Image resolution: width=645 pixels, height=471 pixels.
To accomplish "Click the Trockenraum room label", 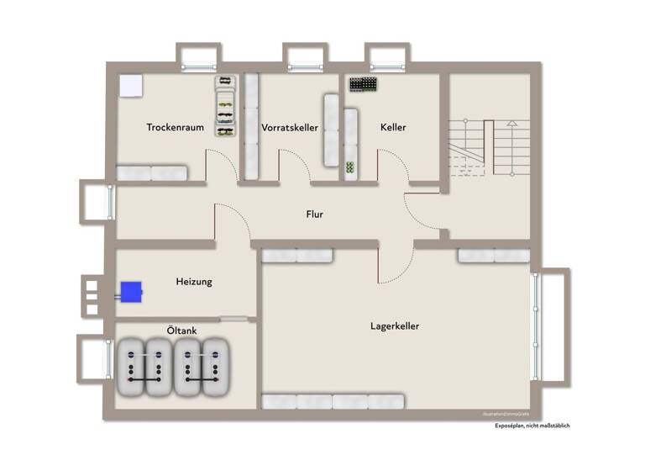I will click(x=176, y=128).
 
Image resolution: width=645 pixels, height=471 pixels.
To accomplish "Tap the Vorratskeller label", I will click(x=290, y=128).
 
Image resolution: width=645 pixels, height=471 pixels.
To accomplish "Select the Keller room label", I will click(x=393, y=128).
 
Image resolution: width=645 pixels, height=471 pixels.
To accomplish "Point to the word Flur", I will click(x=314, y=214).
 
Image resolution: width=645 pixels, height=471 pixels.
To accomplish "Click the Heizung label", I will click(x=194, y=282).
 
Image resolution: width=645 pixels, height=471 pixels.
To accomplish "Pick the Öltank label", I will click(x=181, y=331).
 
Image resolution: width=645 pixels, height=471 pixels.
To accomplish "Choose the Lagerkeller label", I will click(x=395, y=325).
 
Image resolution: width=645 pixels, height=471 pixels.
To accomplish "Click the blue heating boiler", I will click(x=130, y=292).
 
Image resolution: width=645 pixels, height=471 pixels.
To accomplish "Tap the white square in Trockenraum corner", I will click(x=130, y=86).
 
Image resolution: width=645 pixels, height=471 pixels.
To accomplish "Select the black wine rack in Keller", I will click(x=363, y=85).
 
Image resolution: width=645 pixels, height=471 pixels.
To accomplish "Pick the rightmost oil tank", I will click(x=217, y=369).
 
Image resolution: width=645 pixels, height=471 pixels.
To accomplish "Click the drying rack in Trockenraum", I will click(x=225, y=106).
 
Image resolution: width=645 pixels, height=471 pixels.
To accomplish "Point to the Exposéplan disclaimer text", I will click(x=532, y=426).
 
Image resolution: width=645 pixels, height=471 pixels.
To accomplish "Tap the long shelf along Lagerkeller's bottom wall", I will click(x=333, y=401).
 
